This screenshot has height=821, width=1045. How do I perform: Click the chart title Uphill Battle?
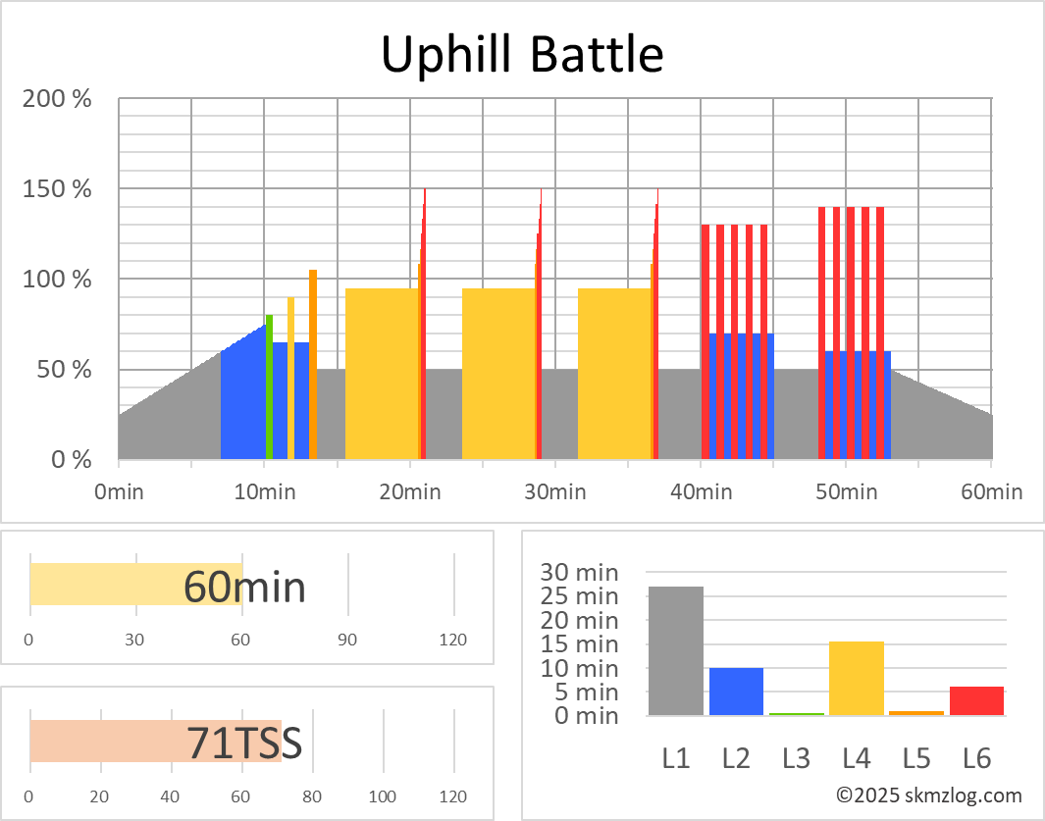(x=522, y=54)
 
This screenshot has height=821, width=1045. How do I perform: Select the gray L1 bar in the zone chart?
(x=675, y=650)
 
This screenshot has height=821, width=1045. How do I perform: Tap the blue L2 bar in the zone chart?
(x=736, y=692)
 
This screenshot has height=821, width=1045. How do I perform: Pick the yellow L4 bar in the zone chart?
(x=857, y=678)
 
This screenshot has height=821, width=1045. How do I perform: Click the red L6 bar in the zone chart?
(x=976, y=700)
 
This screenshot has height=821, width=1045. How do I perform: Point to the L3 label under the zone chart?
(x=796, y=757)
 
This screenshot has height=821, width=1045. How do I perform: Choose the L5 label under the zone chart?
(x=916, y=757)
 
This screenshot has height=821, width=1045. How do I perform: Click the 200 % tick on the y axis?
(x=57, y=99)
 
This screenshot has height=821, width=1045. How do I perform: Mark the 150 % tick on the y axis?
(x=57, y=189)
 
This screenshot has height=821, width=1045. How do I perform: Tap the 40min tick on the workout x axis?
(x=702, y=491)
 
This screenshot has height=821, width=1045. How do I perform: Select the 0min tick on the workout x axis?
(x=119, y=491)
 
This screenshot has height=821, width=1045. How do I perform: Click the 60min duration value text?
(x=244, y=587)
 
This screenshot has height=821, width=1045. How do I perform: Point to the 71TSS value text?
(x=244, y=744)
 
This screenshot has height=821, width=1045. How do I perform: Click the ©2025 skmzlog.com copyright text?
(x=928, y=795)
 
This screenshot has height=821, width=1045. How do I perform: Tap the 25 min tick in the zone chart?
(x=583, y=596)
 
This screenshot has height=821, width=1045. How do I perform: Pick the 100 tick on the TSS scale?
(x=383, y=795)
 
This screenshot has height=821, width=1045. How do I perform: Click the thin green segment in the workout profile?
(x=269, y=387)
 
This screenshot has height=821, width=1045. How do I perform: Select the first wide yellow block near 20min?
(x=382, y=373)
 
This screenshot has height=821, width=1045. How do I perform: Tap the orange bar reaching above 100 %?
(x=313, y=363)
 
